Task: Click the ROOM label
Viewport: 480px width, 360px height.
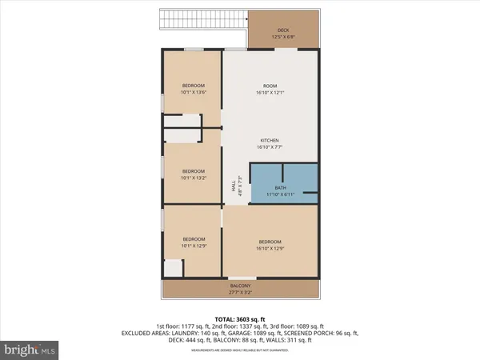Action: pyautogui.click(x=270, y=86)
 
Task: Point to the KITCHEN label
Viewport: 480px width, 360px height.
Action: pyautogui.click(x=270, y=140)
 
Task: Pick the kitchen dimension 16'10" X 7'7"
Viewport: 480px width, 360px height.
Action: pyautogui.click(x=270, y=147)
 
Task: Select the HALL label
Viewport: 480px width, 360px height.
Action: pyautogui.click(x=234, y=184)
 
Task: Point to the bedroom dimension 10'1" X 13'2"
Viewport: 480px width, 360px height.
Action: pyautogui.click(x=193, y=178)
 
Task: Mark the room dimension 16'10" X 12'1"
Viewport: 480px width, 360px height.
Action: pyautogui.click(x=270, y=93)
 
